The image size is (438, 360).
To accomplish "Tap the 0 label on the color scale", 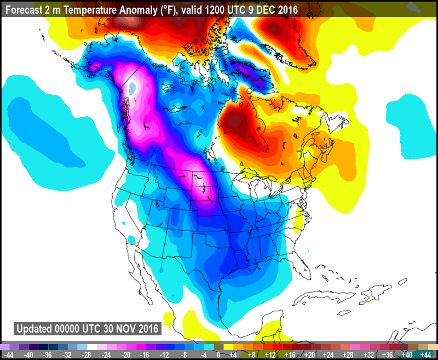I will pyautogui.click(x=218, y=355).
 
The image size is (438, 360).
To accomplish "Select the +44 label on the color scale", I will pyautogui.click(x=425, y=355).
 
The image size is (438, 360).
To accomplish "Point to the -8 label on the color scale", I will pyautogui.click(x=181, y=355).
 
